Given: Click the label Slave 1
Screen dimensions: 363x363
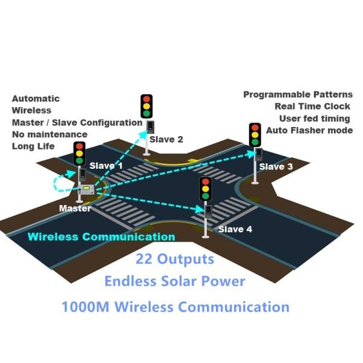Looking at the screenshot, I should pyautogui.click(x=106, y=165).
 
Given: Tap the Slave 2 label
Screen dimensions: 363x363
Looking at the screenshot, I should pyautogui.click(x=166, y=139).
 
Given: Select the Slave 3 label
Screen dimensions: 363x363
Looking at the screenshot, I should pyautogui.click(x=276, y=166).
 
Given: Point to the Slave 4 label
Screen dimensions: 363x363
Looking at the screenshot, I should pyautogui.click(x=235, y=229).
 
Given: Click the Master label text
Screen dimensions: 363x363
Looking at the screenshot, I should pyautogui.click(x=75, y=208).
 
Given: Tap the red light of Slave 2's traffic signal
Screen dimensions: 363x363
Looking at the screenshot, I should pyautogui.click(x=146, y=99).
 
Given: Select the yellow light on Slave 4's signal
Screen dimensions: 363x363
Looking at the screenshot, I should pyautogui.click(x=206, y=189).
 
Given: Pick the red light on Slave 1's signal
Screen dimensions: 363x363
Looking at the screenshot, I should pyautogui.click(x=80, y=146).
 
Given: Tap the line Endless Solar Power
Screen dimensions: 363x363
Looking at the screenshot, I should pyautogui.click(x=175, y=281).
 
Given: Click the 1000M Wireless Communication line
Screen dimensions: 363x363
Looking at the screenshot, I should pyautogui.click(x=175, y=306).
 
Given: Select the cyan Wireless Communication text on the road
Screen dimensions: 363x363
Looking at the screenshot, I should pyautogui.click(x=102, y=237).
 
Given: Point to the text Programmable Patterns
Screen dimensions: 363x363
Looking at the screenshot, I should pyautogui.click(x=298, y=95).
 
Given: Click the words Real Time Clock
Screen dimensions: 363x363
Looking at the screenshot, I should pyautogui.click(x=312, y=106).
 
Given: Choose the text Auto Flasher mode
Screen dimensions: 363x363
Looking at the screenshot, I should pyautogui.click(x=309, y=130).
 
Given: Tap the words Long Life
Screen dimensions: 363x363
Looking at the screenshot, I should pyautogui.click(x=33, y=146).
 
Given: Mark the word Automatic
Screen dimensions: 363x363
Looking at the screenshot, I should pyautogui.click(x=36, y=99).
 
